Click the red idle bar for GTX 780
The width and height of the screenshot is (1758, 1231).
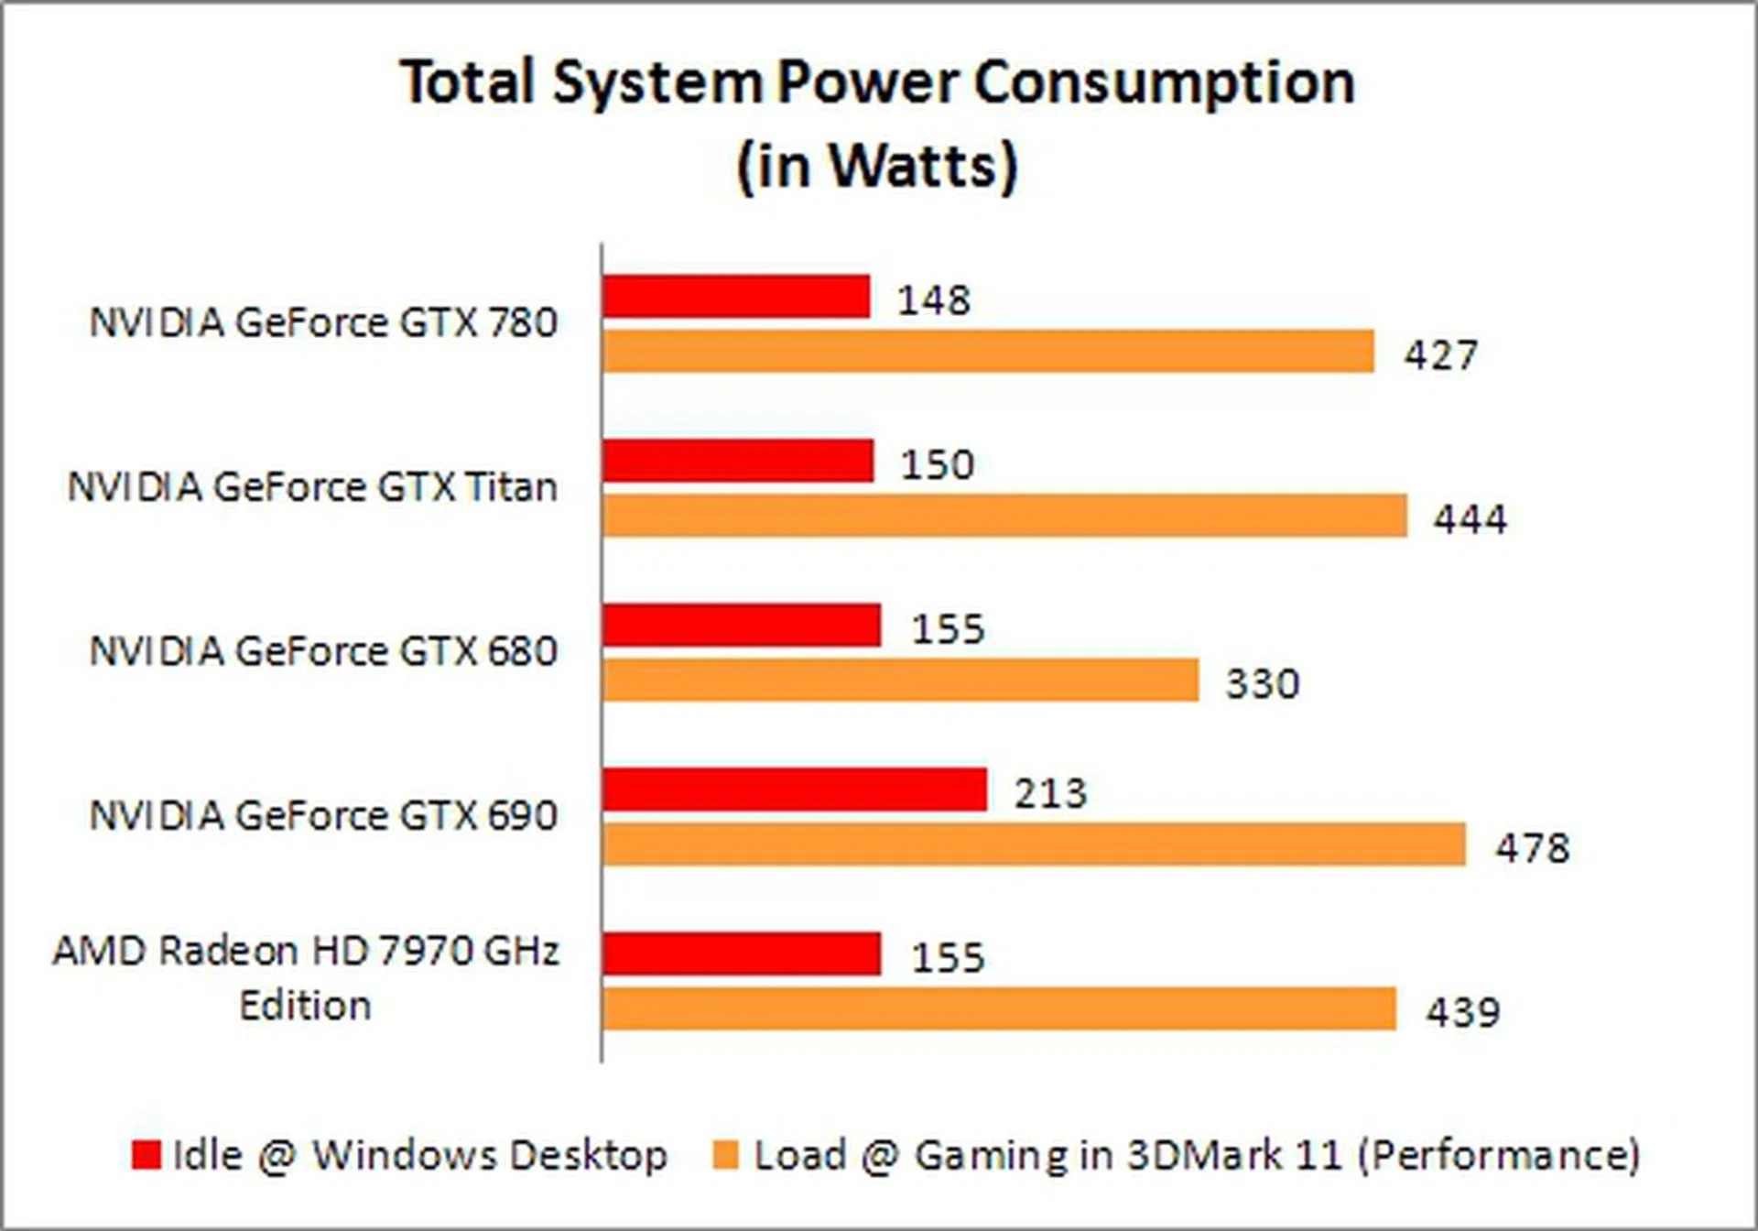[736, 297]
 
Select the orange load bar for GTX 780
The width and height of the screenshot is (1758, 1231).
[988, 352]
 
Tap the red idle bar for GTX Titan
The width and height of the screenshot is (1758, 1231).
[738, 461]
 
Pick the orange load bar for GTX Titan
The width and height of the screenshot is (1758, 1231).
[1004, 516]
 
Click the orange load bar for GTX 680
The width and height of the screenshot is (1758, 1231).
[900, 680]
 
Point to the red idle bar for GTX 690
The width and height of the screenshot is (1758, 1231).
[795, 790]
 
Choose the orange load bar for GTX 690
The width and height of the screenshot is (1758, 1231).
[1034, 844]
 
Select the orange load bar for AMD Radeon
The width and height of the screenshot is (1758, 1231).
[999, 1008]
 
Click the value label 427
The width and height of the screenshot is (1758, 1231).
[1441, 355]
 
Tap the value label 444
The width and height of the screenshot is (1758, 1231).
[1470, 519]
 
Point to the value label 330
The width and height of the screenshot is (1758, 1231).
[1263, 683]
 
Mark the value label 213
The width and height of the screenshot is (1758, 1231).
[1050, 793]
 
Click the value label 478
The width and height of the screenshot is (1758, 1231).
[1533, 848]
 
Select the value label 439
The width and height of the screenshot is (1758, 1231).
[1462, 1012]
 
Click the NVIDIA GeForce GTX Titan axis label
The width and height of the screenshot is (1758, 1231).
[312, 487]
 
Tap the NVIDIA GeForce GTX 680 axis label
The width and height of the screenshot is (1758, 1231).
[323, 651]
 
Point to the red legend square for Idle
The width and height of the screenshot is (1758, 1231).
[146, 1154]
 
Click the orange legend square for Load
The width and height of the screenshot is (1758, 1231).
[725, 1154]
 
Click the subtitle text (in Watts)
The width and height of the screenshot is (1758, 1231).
[877, 165]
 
